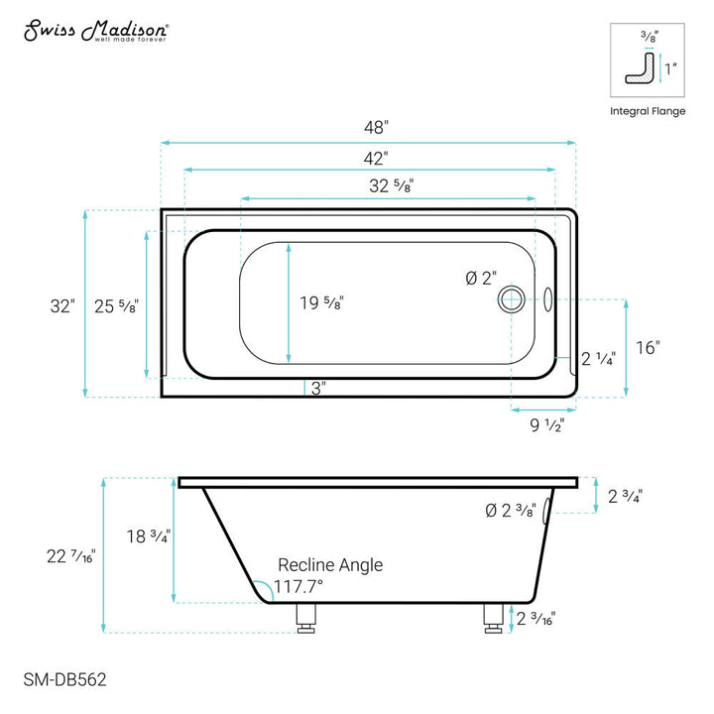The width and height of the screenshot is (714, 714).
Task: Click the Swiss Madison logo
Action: pyautogui.click(x=95, y=30)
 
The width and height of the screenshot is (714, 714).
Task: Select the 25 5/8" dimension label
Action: pyautogui.click(x=119, y=306)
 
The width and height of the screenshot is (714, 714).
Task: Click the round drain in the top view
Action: pyautogui.click(x=512, y=297)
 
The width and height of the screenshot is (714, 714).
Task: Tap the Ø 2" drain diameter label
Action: pyautogui.click(x=479, y=279)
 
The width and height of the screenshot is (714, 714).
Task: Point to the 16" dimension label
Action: pyautogui.click(x=648, y=347)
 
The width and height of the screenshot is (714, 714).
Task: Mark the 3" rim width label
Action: pyautogui.click(x=318, y=388)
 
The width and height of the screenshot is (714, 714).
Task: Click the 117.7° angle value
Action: pyautogui.click(x=298, y=585)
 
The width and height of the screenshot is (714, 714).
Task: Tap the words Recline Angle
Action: pyautogui.click(x=329, y=564)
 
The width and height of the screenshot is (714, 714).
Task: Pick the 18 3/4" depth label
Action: pyautogui.click(x=151, y=536)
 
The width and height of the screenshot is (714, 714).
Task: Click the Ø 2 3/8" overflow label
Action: pyautogui.click(x=511, y=512)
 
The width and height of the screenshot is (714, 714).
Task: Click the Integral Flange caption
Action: pyautogui.click(x=647, y=111)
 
